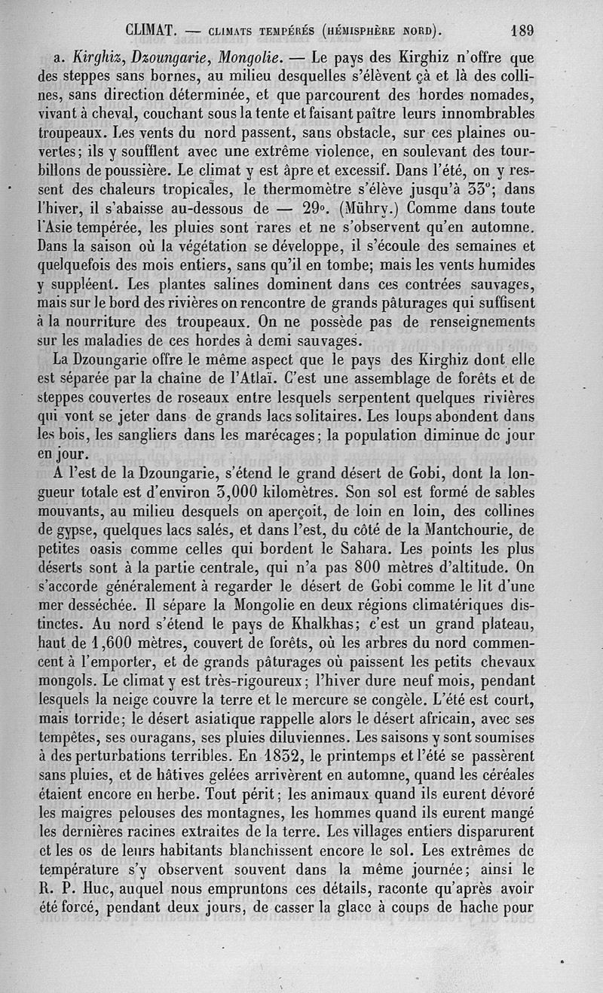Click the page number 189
pos(522,31)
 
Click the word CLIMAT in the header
pos(153,31)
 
